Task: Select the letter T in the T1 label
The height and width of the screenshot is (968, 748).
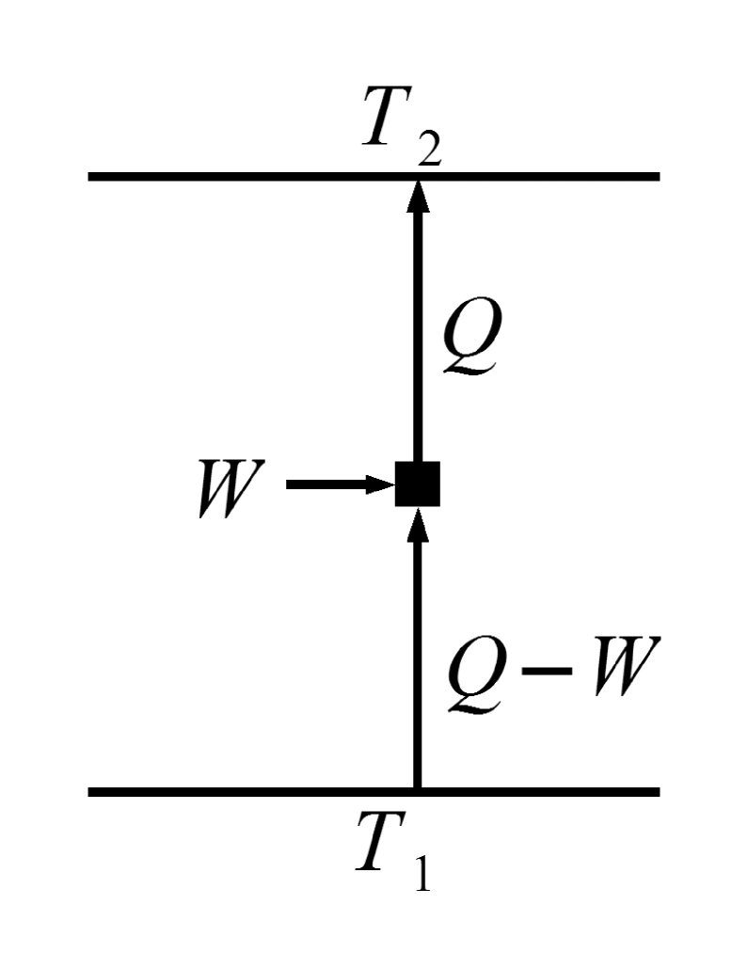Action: tap(384, 841)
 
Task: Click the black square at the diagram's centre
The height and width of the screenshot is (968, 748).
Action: tap(417, 484)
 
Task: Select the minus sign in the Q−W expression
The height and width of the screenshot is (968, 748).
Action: tap(546, 671)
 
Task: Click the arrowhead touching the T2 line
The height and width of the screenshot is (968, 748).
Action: tap(417, 196)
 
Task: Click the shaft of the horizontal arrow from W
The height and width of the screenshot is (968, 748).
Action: tap(325, 485)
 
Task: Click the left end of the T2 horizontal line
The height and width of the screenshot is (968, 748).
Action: tap(92, 176)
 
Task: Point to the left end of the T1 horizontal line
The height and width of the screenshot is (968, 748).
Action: tap(92, 792)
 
